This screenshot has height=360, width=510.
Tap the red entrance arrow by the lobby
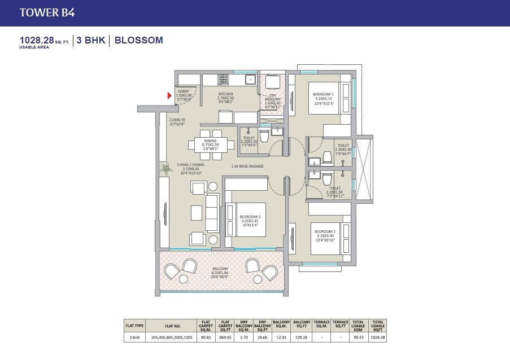click(x=169, y=96)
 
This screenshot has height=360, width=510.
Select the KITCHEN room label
click(x=226, y=94)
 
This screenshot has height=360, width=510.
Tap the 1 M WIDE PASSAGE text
click(x=249, y=166)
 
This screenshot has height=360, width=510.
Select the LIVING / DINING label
click(x=190, y=165)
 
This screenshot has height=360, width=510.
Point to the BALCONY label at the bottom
click(x=221, y=269)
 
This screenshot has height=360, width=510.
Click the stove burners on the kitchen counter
click(x=223, y=79)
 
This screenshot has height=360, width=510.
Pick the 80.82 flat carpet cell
click(x=205, y=337)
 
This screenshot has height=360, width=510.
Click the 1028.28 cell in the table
click(x=377, y=337)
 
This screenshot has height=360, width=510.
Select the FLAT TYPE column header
click(x=135, y=326)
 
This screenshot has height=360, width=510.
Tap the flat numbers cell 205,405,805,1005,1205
click(x=173, y=337)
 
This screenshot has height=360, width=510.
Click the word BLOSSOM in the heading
click(x=138, y=40)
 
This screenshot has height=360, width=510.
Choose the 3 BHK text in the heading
click(x=91, y=40)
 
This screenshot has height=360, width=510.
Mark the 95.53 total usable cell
click(x=359, y=337)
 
